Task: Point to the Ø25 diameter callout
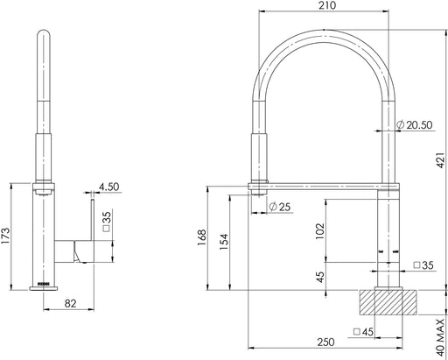[280, 207]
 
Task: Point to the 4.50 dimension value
[108, 187]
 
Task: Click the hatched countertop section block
[384, 303]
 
